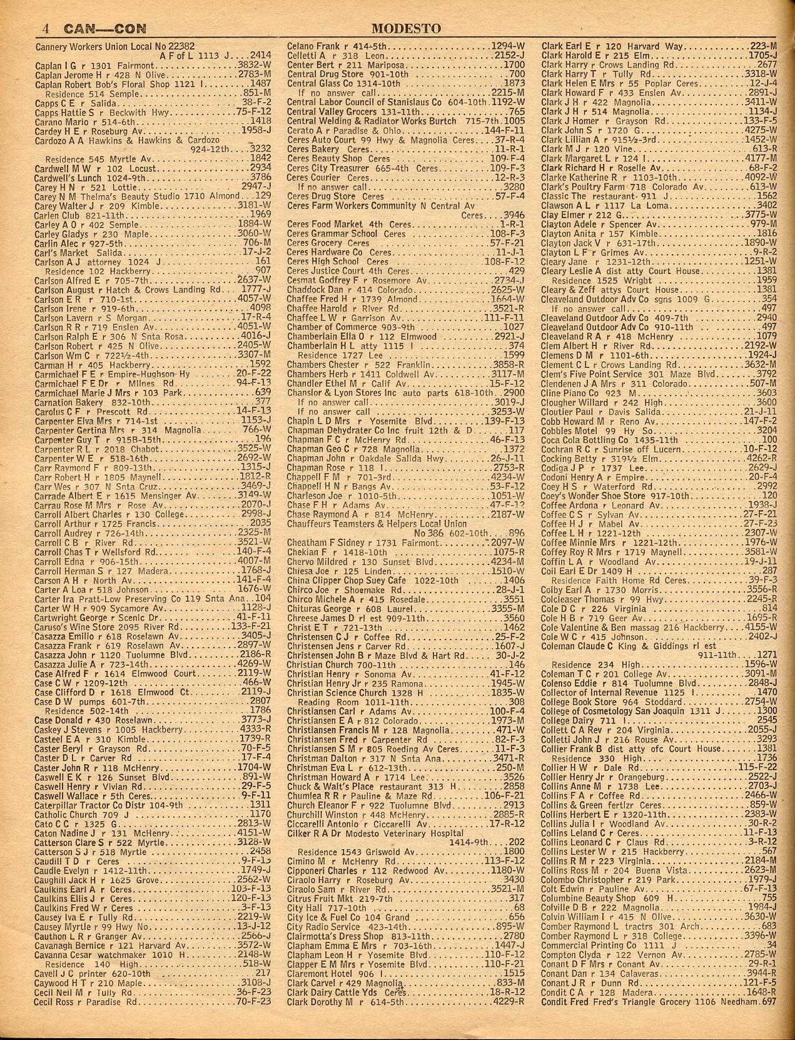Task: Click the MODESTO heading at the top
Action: (x=406, y=29)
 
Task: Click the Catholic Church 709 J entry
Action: (x=75, y=815)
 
